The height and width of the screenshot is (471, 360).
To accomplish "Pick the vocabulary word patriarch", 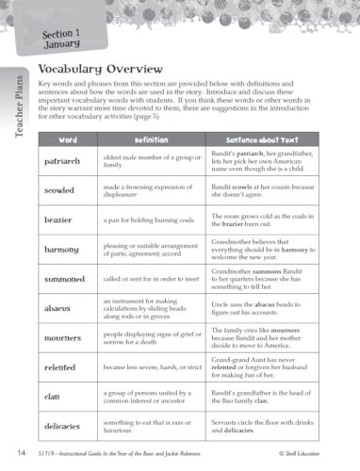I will click(63, 162).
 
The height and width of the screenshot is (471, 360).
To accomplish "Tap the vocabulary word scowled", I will click(59, 191).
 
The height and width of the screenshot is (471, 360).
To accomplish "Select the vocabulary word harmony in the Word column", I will click(61, 250).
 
